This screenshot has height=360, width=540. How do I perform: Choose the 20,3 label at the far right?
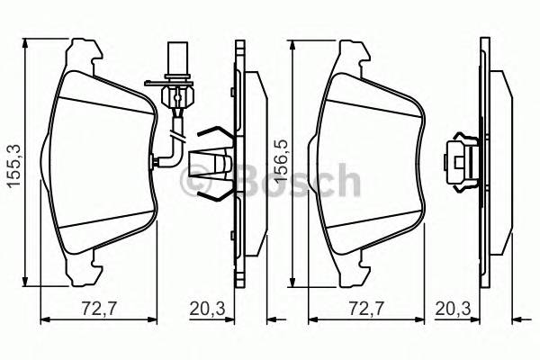click(x=453, y=309)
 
